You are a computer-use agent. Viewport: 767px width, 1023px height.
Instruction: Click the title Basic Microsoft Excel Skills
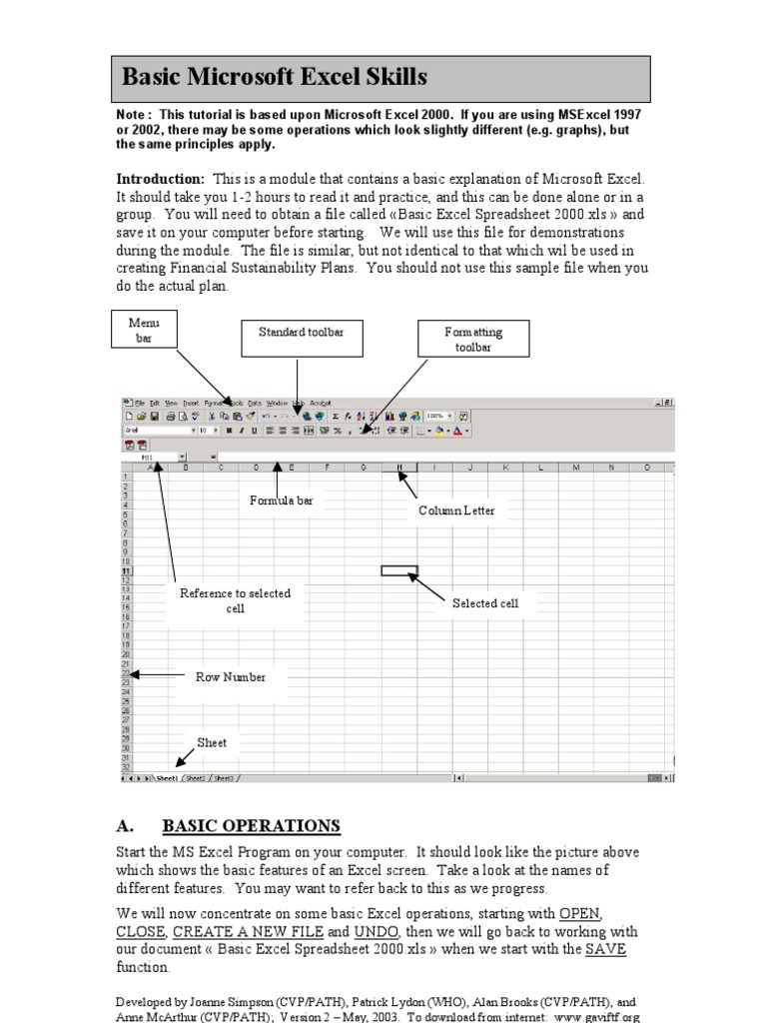pyautogui.click(x=274, y=77)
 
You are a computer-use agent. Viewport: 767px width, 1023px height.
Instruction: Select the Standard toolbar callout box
pyautogui.click(x=301, y=332)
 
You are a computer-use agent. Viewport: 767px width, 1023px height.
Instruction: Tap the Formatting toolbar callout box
pyautogui.click(x=473, y=339)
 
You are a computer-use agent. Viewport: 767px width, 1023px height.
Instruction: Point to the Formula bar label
pyautogui.click(x=281, y=501)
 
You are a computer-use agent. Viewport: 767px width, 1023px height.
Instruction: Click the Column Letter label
pyautogui.click(x=456, y=511)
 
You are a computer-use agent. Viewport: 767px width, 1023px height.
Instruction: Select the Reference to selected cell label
pyautogui.click(x=235, y=600)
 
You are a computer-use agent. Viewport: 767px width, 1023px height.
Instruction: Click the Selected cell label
pyautogui.click(x=485, y=603)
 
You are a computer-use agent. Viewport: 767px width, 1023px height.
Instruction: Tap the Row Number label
pyautogui.click(x=231, y=676)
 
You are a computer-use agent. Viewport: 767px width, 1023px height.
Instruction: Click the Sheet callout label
pyautogui.click(x=211, y=742)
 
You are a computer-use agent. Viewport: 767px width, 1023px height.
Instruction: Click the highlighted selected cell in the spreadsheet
pyautogui.click(x=398, y=571)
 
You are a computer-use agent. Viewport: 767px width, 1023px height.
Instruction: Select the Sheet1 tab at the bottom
pyautogui.click(x=165, y=777)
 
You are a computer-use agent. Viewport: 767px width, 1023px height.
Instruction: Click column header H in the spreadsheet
pyautogui.click(x=399, y=468)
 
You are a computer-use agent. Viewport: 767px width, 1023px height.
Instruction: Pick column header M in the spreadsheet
pyautogui.click(x=576, y=468)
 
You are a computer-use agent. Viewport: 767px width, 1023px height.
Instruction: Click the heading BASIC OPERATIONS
pyautogui.click(x=251, y=826)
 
